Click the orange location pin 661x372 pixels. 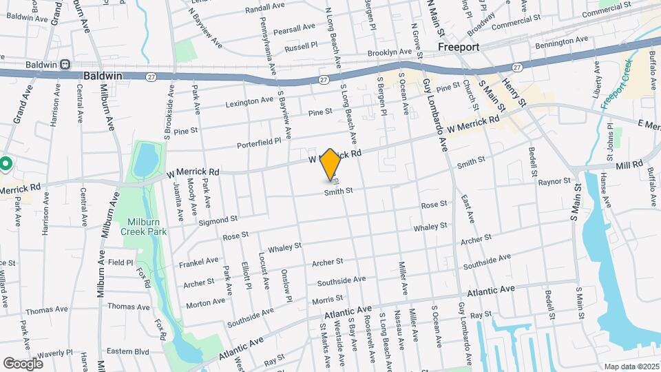330,164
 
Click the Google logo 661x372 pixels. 23,363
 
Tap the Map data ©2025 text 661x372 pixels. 630,366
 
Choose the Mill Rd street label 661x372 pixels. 629,165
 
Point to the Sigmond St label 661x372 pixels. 218,220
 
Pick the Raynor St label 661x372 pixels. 554,182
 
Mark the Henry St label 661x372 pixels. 514,92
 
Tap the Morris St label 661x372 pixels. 327,299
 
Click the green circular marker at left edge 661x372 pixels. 6,164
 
